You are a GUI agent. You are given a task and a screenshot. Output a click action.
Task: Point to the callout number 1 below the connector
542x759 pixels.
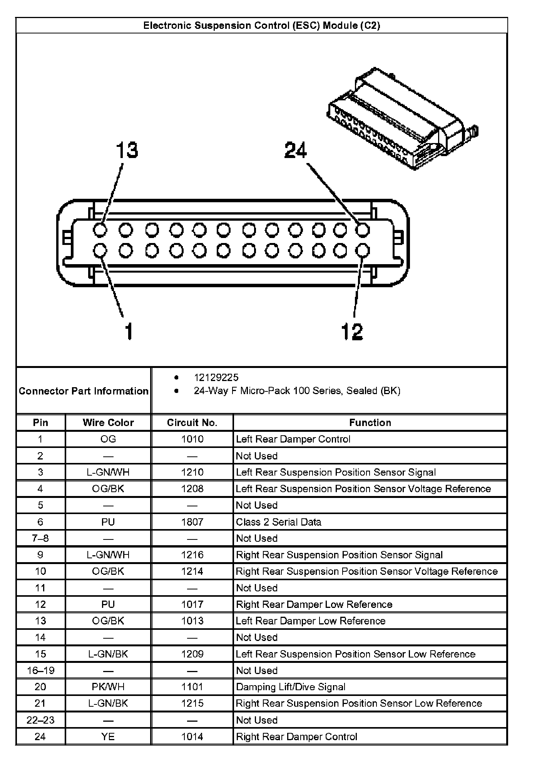tap(129, 331)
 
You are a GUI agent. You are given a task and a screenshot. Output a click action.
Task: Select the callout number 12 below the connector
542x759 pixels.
tap(352, 331)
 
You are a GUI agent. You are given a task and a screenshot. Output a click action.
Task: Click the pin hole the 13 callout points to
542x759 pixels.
tap(100, 230)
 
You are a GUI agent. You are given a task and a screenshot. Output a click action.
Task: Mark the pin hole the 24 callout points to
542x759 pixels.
tap(362, 230)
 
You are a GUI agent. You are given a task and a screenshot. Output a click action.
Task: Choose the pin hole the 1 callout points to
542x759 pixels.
tap(100, 251)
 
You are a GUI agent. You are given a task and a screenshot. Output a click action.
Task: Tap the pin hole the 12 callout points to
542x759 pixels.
tap(362, 251)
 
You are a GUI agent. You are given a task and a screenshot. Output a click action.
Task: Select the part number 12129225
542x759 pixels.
tap(216, 378)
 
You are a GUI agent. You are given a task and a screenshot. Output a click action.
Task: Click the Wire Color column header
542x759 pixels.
tap(108, 423)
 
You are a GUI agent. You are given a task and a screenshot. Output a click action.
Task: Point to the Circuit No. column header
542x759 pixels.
tap(192, 423)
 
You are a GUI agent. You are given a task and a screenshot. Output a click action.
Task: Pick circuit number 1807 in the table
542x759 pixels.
tap(192, 522)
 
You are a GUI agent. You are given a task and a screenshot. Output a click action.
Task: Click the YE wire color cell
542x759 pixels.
tap(108, 736)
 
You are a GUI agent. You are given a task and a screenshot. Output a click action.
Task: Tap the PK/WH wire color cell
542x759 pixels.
tap(108, 687)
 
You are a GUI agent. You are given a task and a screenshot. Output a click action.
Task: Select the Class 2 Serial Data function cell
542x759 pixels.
tap(278, 522)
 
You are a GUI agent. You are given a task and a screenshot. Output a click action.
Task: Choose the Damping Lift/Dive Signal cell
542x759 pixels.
tap(291, 687)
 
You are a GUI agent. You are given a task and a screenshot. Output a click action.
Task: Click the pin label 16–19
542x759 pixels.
tap(40, 670)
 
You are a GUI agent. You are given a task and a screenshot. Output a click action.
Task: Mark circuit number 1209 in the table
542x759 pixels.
tap(192, 654)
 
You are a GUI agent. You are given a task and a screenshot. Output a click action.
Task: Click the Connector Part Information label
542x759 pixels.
tap(84, 391)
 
